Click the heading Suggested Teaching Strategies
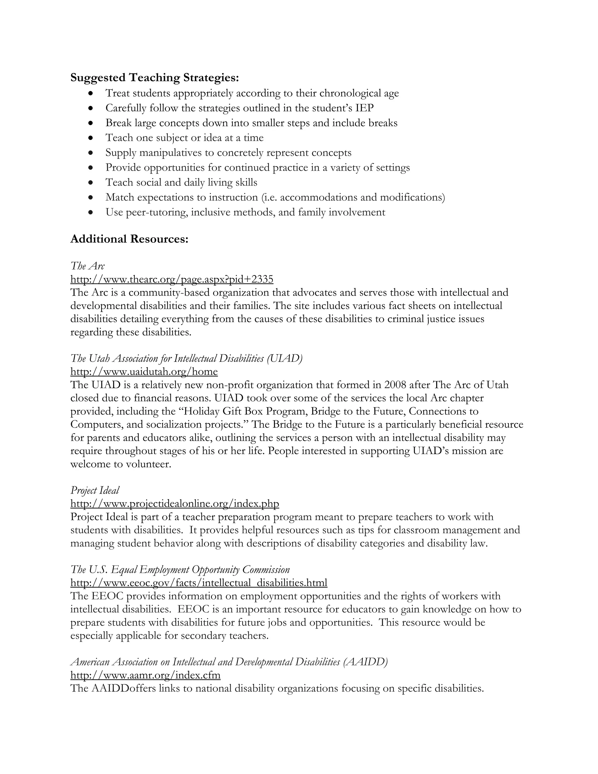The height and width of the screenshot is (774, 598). (x=154, y=78)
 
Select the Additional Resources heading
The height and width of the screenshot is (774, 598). (x=129, y=239)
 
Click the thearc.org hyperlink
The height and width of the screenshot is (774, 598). (x=172, y=280)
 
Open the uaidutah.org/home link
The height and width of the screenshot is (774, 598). (x=144, y=372)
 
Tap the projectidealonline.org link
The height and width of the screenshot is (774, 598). (x=175, y=504)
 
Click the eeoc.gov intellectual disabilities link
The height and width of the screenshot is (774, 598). (x=199, y=583)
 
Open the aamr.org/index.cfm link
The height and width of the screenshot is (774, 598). (x=145, y=675)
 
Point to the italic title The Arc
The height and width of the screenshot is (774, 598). (x=88, y=266)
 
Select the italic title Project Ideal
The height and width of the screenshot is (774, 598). (x=95, y=490)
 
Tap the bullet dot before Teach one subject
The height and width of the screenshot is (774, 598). (x=91, y=138)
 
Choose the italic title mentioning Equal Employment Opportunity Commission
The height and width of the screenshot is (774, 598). (x=180, y=570)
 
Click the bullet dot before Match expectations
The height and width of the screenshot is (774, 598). (x=91, y=197)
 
